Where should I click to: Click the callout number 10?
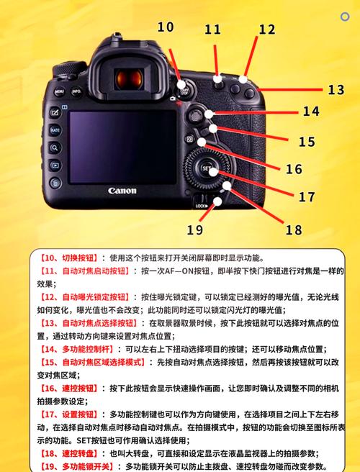coord(165,27)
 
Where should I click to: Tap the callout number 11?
coord(212,29)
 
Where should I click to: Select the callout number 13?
coord(336,90)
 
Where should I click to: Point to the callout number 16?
coord(293,170)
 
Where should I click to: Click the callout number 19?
coord(194,230)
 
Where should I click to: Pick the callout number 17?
coord(307,196)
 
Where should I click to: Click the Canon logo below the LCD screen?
coord(122,191)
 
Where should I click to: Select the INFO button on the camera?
coord(76,93)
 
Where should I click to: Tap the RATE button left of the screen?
coord(55,130)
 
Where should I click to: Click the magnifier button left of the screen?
coord(55,147)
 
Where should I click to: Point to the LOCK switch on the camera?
coord(202,204)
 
